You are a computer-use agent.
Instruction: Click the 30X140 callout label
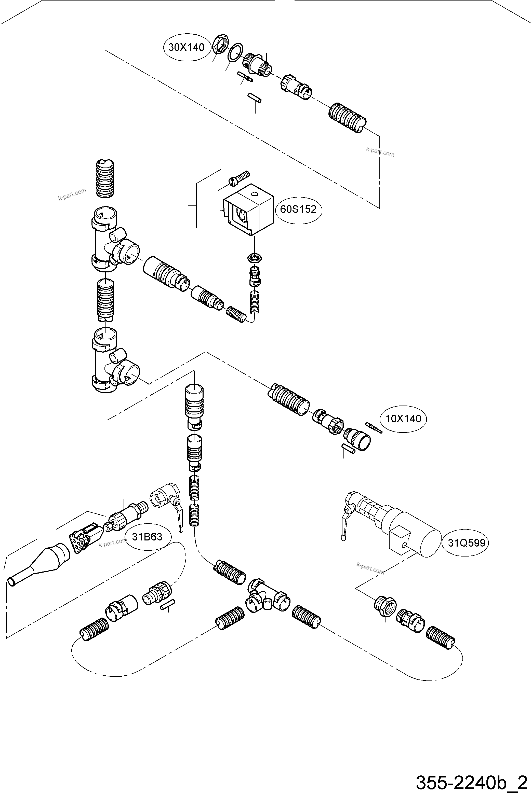click(x=186, y=47)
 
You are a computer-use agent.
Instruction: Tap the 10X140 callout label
click(x=403, y=419)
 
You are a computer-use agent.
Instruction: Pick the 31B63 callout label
click(x=147, y=537)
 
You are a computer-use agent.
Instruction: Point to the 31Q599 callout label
click(x=466, y=543)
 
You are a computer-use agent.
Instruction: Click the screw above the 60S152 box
click(x=239, y=178)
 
